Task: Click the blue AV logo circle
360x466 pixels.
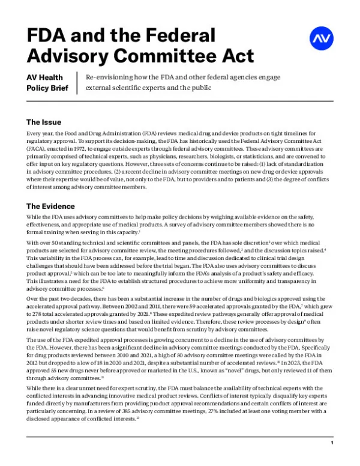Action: [x=321, y=38]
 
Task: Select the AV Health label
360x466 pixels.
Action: [x=45, y=78]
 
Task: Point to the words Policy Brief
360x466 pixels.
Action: [x=48, y=89]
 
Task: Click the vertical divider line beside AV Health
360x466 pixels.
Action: [x=78, y=83]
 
